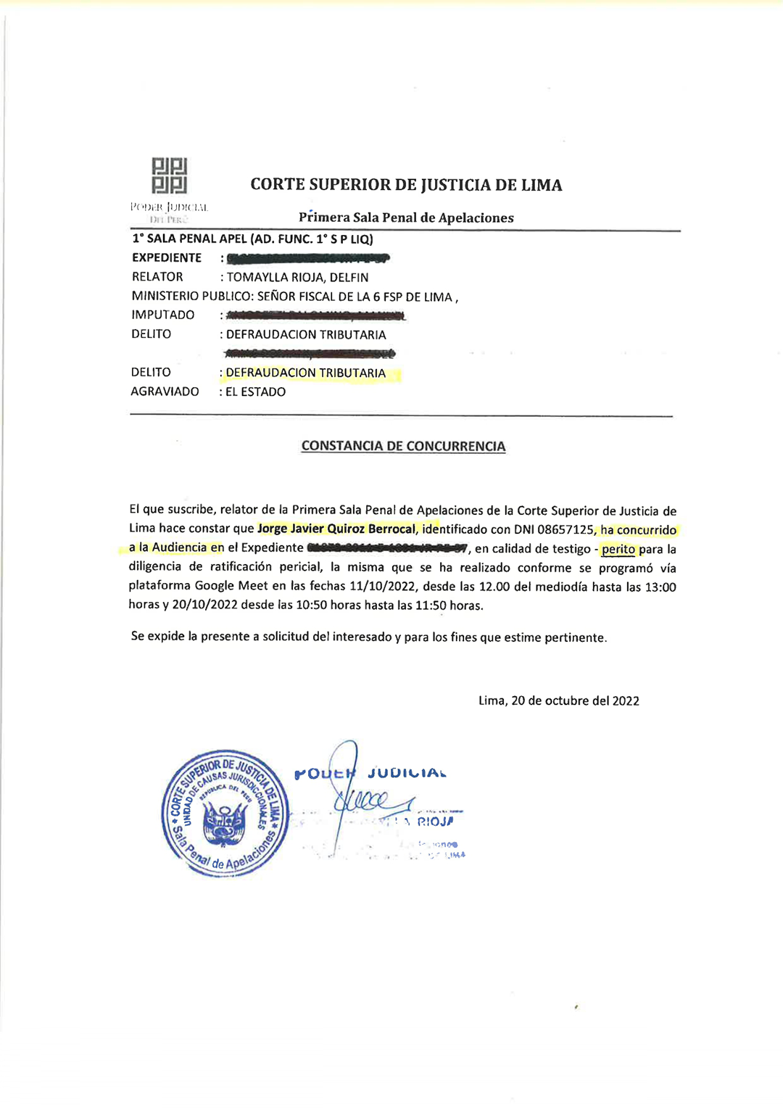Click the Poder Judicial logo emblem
click(x=170, y=175)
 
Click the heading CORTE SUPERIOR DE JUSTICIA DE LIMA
click(x=406, y=185)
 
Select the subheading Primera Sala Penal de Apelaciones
click(x=406, y=218)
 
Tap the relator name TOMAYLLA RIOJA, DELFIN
click(x=297, y=277)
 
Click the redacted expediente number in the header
click(x=308, y=258)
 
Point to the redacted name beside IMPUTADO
click(x=315, y=315)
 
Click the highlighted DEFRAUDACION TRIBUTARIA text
click(x=306, y=373)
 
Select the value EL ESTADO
click(x=256, y=392)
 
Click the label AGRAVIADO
click(x=165, y=392)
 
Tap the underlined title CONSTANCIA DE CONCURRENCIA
click(x=403, y=446)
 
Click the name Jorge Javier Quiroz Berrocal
click(x=336, y=529)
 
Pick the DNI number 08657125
click(x=565, y=529)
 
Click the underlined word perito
click(x=618, y=549)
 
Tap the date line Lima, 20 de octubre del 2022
click(x=558, y=700)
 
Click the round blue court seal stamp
click(x=225, y=813)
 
